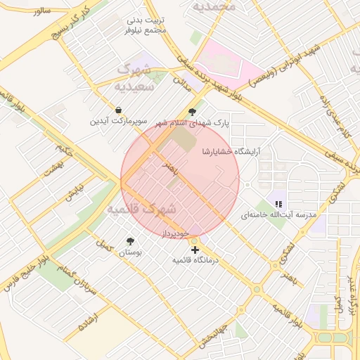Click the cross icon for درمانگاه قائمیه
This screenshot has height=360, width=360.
[195, 249]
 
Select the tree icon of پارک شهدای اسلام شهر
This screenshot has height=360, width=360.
[192, 112]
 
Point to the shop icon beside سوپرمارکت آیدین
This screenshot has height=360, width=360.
[118, 110]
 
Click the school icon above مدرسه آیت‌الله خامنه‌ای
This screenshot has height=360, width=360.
[279, 204]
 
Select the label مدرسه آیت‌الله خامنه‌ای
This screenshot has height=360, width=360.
[279, 214]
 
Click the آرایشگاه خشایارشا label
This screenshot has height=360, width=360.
[231, 151]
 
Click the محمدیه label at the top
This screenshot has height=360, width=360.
[215, 6]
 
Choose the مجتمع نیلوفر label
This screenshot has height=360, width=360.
[145, 30]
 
